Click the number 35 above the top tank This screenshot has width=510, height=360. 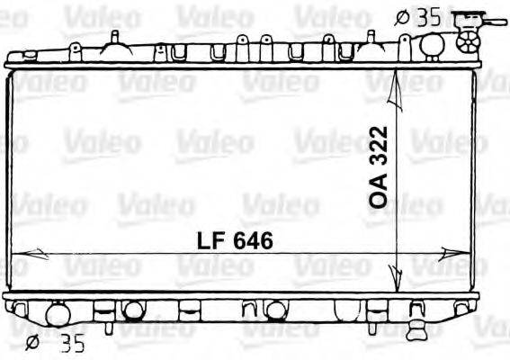(x=427, y=16)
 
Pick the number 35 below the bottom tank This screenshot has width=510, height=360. (x=73, y=344)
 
